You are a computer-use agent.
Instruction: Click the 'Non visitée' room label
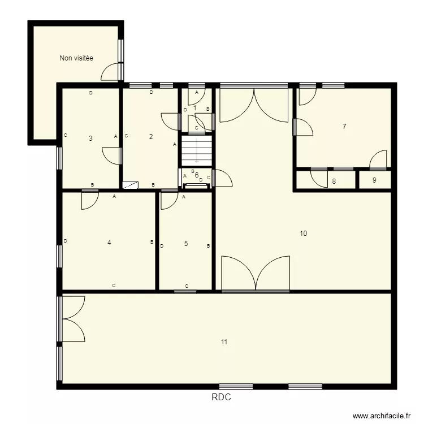(76, 58)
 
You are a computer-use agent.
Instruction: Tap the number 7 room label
(344, 127)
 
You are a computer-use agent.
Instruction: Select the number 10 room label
(304, 233)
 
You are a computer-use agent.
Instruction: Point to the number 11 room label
(224, 342)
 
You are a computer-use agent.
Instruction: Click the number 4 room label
(109, 243)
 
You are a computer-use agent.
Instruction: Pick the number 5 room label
(186, 244)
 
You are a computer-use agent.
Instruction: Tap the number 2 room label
(151, 136)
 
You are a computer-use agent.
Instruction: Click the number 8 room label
(334, 181)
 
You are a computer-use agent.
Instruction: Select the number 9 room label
(374, 181)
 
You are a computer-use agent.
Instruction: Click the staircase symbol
(196, 151)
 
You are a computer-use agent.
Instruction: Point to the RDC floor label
(221, 397)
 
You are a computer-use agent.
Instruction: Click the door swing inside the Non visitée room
(112, 71)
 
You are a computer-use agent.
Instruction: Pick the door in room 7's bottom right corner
(378, 160)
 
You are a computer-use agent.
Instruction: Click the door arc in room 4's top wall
(89, 200)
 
